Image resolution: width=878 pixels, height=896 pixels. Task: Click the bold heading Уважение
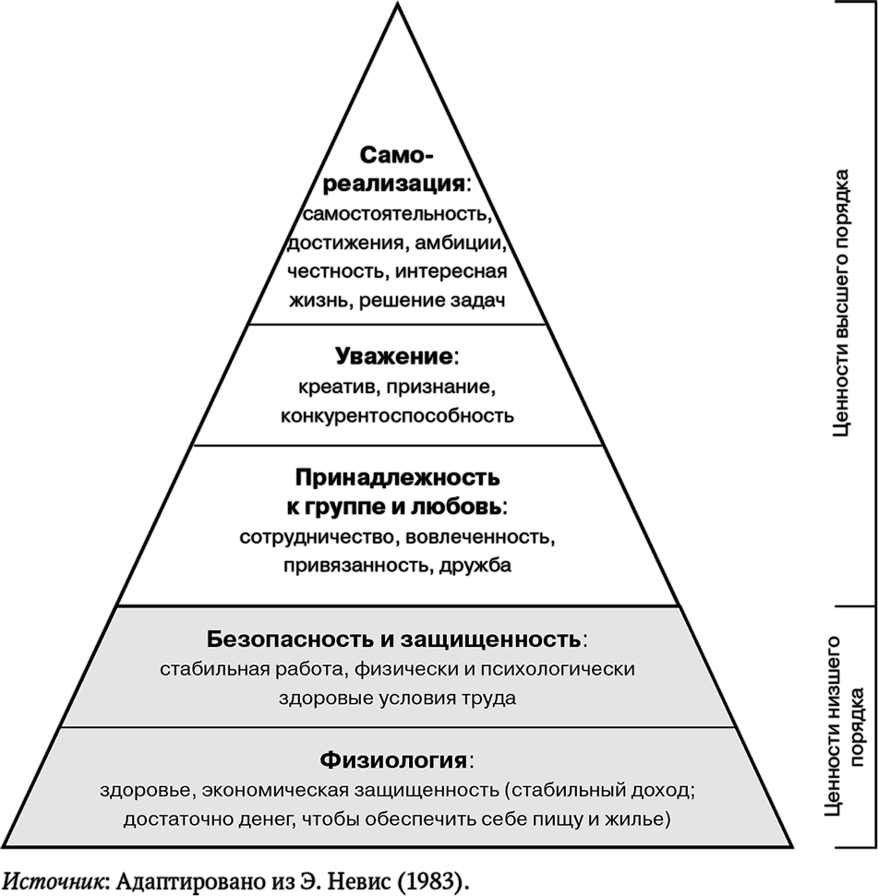(394, 356)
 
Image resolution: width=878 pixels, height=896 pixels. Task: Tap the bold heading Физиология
(393, 760)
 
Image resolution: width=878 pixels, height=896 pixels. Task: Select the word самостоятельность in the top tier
(397, 214)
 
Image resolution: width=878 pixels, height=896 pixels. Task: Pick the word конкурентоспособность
(397, 415)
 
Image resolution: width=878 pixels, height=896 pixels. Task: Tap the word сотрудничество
(318, 537)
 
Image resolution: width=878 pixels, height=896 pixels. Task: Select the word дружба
(475, 566)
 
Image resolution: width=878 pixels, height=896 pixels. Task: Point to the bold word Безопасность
(291, 639)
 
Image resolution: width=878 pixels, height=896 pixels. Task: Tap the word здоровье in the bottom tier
(148, 791)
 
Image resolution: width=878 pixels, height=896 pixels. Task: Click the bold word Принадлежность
(397, 477)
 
